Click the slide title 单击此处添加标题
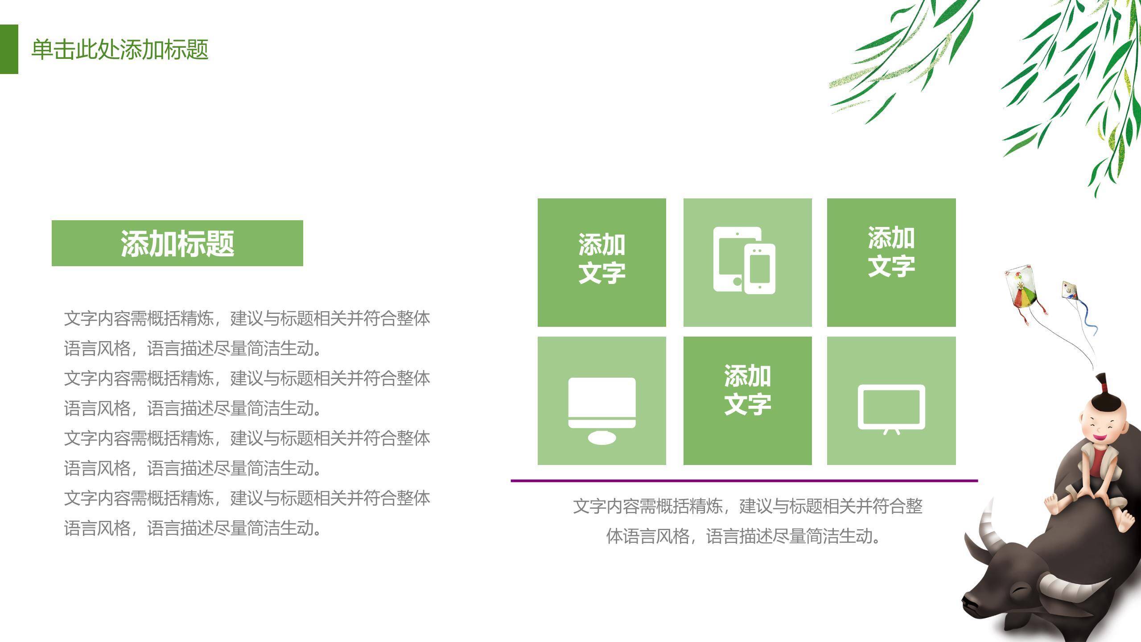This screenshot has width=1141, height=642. click(119, 49)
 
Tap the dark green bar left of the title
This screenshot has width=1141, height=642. click(9, 49)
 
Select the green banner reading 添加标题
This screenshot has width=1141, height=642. click(177, 243)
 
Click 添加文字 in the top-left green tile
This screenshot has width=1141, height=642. click(601, 259)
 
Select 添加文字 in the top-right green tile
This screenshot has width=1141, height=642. click(891, 252)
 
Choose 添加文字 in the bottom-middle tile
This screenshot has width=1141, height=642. click(747, 390)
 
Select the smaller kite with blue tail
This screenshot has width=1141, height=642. click(1070, 290)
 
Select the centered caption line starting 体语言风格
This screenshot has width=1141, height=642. click(744, 536)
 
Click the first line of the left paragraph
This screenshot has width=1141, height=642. click(247, 319)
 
